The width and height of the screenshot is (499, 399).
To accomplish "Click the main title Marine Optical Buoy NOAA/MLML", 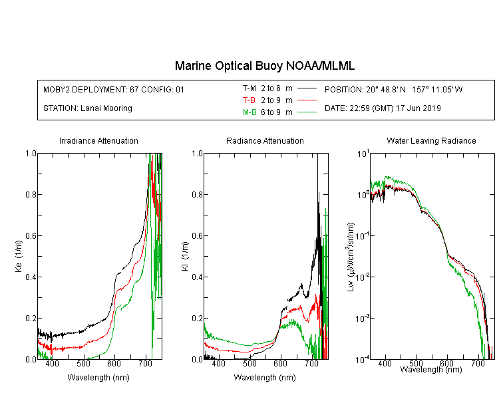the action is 264,66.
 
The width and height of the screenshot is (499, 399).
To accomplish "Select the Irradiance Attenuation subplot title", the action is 98,140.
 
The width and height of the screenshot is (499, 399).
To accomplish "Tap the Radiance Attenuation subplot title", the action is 265,140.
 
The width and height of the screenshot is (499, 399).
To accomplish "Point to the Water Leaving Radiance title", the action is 431,140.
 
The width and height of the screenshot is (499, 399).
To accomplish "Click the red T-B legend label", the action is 249,100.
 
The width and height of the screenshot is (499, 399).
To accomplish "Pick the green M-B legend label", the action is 249,112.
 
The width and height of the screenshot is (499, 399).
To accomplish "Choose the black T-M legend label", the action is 249,88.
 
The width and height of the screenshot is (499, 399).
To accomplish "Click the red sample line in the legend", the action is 307,100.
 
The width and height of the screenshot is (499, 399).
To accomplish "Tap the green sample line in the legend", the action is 307,112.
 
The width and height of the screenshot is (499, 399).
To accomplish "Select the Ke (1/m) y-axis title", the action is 19,256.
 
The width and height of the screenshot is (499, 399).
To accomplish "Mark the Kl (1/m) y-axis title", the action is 185,256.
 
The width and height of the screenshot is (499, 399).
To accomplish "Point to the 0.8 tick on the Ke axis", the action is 31,194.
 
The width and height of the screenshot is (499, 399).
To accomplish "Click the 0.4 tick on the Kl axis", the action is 198,277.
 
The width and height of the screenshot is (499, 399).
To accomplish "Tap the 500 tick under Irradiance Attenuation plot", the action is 83,363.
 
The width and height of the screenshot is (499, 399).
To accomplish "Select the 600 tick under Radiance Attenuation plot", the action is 280,363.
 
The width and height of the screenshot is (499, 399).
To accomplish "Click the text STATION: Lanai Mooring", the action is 88,108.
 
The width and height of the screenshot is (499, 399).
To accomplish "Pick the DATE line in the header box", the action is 383,108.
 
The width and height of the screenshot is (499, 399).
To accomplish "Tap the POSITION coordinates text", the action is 394,89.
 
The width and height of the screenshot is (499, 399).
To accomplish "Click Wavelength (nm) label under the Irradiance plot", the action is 98,378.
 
